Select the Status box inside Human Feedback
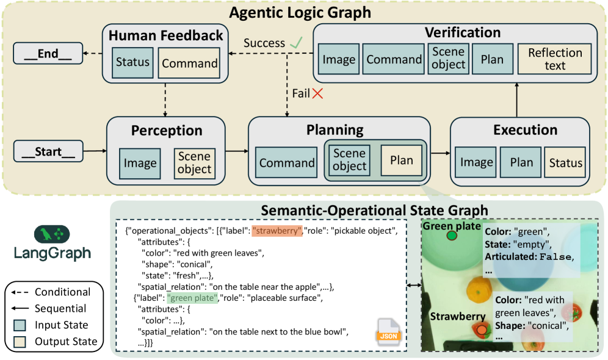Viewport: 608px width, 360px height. coord(132,62)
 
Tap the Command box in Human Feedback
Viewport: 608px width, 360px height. coord(189,63)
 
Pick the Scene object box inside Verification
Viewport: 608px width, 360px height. coord(448,59)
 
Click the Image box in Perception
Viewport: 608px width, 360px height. coord(140,163)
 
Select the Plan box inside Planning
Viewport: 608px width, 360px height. coord(401,161)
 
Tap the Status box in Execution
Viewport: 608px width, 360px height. coord(565,163)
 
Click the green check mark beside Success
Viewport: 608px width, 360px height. coord(297,43)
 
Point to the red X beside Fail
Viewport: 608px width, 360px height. coord(317,93)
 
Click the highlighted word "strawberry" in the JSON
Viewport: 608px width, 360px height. coord(277,231)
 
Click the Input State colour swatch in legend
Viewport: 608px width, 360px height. coord(21,325)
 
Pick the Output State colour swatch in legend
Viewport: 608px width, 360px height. coord(21,341)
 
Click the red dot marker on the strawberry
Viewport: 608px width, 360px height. coord(482,330)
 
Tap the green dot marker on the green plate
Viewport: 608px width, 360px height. coord(452,236)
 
